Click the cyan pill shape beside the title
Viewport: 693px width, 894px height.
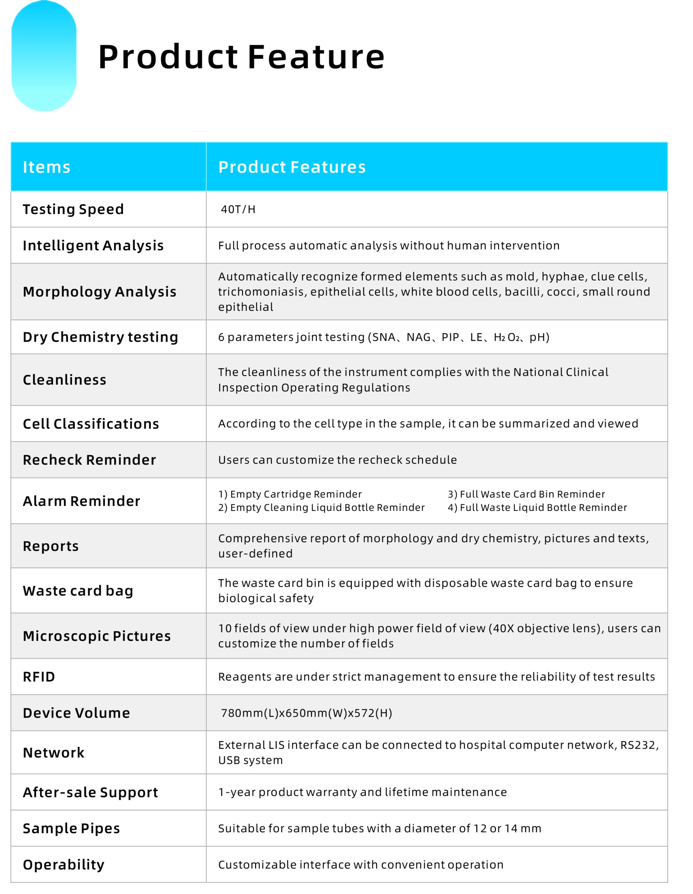[44, 56]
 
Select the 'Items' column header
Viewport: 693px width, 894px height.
[47, 167]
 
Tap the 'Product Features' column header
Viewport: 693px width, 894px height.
[292, 167]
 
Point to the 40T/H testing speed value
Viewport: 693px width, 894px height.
[238, 210]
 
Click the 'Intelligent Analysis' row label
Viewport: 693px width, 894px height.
[93, 246]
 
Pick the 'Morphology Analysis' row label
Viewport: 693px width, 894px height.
[100, 292]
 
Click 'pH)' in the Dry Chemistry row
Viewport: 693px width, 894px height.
[539, 337]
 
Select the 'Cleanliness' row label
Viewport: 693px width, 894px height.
[64, 380]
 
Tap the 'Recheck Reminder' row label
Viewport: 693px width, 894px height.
[89, 460]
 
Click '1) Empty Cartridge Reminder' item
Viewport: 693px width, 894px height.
[290, 494]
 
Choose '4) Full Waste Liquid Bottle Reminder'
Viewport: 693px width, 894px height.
[537, 508]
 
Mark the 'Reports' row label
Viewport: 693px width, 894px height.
[51, 547]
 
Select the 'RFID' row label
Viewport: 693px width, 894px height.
[39, 677]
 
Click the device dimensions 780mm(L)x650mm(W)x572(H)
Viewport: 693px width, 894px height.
[306, 713]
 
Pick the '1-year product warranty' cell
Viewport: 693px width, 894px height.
[362, 792]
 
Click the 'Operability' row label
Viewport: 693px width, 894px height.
[64, 865]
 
